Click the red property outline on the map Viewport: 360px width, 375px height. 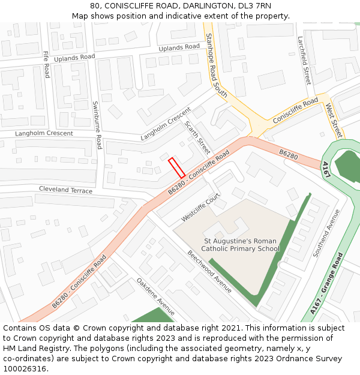(176, 167)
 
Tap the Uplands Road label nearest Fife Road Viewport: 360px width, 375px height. (74, 58)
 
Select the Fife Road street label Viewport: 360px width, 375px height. (46, 64)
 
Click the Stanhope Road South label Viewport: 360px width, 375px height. (216, 66)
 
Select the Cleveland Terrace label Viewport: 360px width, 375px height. (66, 190)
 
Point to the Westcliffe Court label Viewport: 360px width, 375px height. (201, 206)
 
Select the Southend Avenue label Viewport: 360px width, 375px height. (326, 233)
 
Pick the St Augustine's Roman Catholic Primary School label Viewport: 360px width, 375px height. (240, 245)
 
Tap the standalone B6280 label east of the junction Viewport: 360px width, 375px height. (288, 154)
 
